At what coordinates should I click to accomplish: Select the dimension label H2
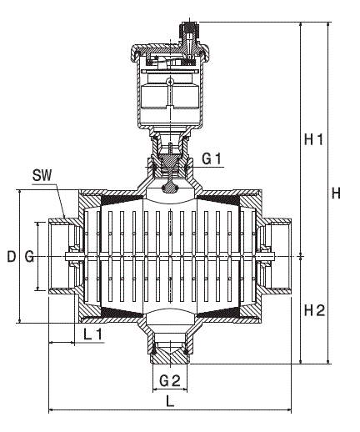(x=313, y=310)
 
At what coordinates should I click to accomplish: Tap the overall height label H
(x=336, y=193)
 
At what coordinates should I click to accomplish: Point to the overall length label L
(x=170, y=400)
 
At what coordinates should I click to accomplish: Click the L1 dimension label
(x=93, y=334)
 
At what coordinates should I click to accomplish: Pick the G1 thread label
(x=212, y=158)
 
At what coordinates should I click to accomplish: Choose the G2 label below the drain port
(x=170, y=379)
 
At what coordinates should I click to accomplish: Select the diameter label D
(x=11, y=256)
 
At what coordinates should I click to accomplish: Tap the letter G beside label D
(x=29, y=256)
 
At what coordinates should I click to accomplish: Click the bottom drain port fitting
(x=170, y=350)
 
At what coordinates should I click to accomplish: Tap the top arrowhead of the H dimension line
(x=328, y=26)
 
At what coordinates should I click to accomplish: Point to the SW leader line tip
(x=67, y=219)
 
